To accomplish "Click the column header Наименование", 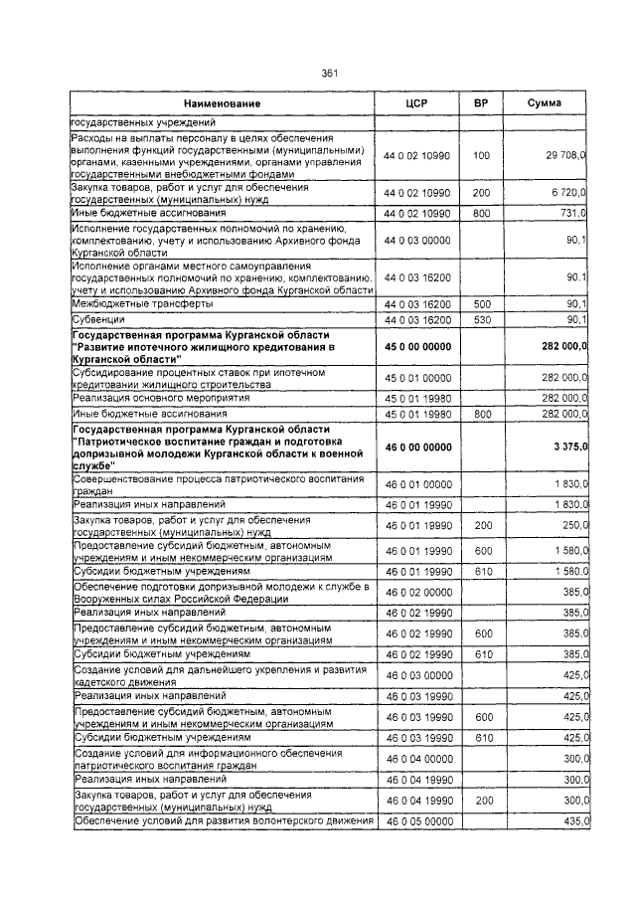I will point(222,103).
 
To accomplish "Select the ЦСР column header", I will point(416,103).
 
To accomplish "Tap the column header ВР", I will point(481,103).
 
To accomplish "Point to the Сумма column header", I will point(546,103).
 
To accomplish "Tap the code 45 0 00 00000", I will point(417,345).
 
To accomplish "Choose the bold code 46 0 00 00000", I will point(417,449).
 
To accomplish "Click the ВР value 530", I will point(481,319).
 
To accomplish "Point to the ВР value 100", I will point(481,156).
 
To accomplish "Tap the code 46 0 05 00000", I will point(417,821).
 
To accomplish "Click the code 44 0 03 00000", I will point(417,239).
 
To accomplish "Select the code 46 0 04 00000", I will point(417,758).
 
